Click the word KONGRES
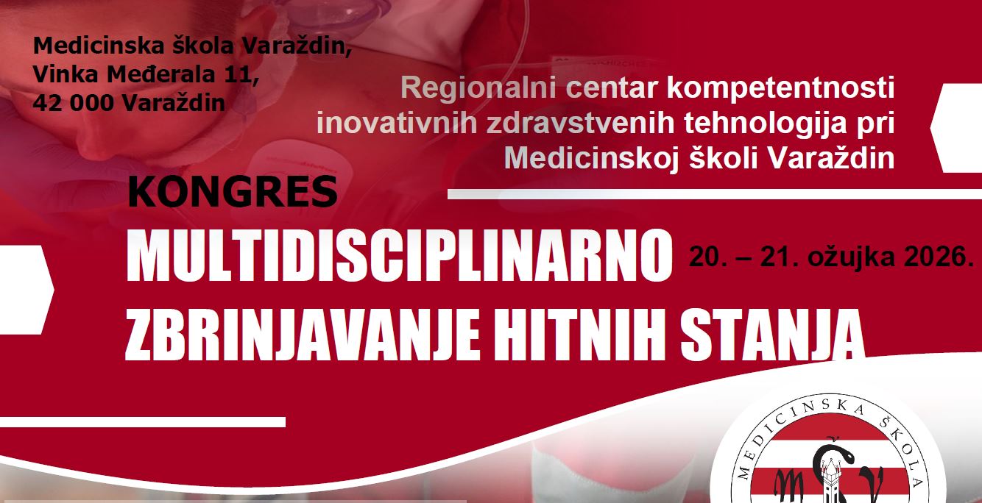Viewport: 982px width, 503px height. [233, 192]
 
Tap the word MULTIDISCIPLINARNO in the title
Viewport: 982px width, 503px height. [400, 256]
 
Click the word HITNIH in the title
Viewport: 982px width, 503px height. [580, 334]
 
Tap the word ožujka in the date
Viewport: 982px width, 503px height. [851, 258]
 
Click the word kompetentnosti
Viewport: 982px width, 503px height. [781, 88]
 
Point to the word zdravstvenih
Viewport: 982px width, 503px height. [580, 123]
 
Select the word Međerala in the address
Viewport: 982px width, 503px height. [161, 74]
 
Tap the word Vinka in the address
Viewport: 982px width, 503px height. [66, 74]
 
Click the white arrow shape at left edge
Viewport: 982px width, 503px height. [27, 290]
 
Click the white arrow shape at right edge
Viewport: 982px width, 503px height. [957, 128]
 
